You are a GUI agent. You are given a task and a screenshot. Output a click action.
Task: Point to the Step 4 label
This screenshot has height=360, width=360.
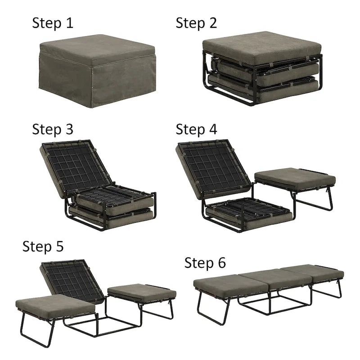coord(197,130)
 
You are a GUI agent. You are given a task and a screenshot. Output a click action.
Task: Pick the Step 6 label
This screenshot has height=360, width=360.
coord(205,263)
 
